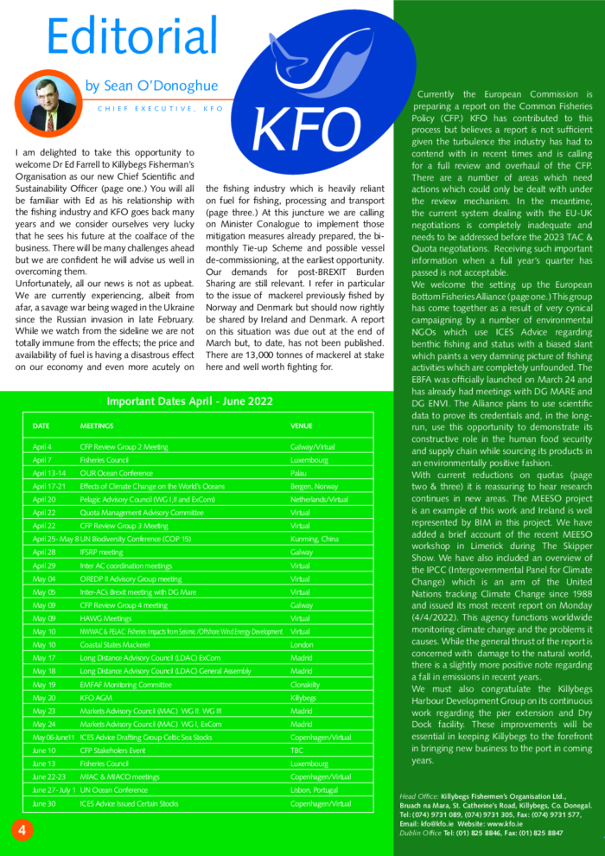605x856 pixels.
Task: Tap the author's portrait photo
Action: [x=54, y=102]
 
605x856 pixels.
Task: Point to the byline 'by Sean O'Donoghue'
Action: [x=151, y=86]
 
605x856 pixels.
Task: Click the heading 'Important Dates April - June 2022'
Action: [x=189, y=401]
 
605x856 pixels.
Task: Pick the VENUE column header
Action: [x=302, y=426]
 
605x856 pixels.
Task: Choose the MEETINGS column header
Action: [x=96, y=426]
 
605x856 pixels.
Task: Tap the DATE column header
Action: [x=41, y=426]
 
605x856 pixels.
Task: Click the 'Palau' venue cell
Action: [x=300, y=474]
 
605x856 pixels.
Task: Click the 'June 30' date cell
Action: [x=44, y=803]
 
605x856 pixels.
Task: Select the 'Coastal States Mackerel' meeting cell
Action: [x=118, y=644]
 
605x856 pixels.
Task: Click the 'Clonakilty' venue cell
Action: [x=307, y=684]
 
